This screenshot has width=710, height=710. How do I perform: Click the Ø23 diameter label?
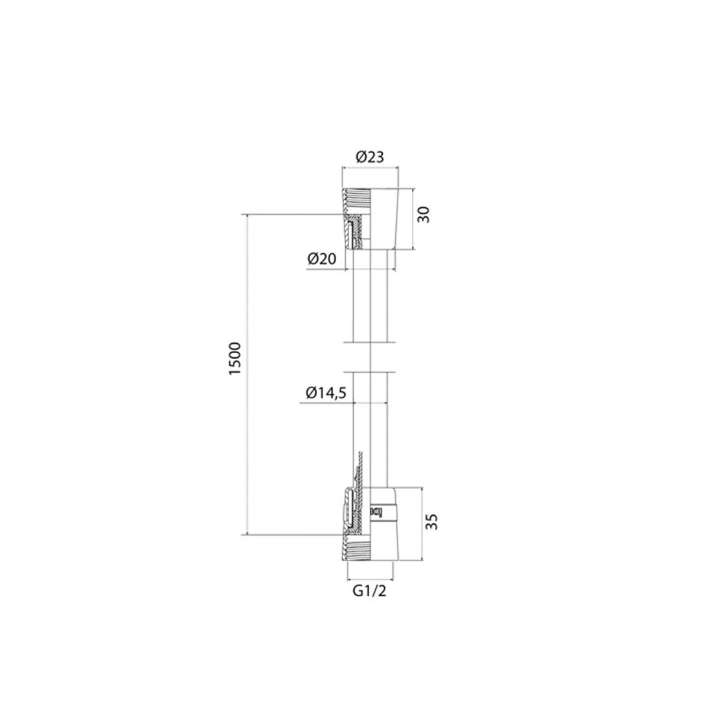pyautogui.click(x=370, y=157)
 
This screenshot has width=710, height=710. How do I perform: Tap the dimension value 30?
pyautogui.click(x=424, y=214)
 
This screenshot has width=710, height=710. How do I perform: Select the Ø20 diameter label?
pyautogui.click(x=322, y=259)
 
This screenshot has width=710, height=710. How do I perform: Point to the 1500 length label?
pyautogui.click(x=235, y=359)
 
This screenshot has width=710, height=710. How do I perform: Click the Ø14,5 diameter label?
pyautogui.click(x=325, y=393)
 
